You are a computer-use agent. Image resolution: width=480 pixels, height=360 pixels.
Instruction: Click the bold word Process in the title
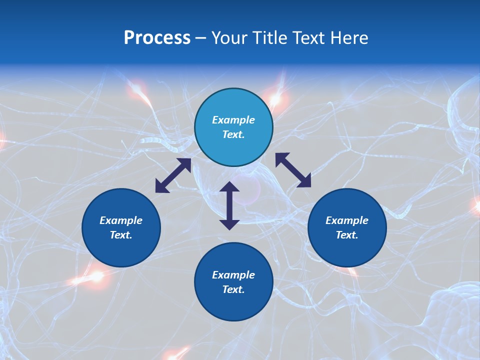point(157,38)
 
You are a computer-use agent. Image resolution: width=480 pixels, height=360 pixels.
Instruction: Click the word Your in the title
point(229,38)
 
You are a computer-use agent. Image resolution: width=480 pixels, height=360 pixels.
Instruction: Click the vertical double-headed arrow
point(229,205)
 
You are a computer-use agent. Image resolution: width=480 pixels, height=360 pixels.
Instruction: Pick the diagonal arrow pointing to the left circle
point(173,175)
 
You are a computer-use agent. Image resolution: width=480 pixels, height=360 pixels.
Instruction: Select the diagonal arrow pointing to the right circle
point(293,170)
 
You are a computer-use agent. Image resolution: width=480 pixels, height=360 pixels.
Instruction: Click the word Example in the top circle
point(233,120)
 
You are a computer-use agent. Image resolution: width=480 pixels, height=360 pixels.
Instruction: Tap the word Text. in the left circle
point(121,235)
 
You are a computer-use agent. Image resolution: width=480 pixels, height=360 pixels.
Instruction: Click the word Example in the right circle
point(347,220)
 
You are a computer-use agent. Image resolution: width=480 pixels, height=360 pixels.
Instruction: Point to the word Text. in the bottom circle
point(233,289)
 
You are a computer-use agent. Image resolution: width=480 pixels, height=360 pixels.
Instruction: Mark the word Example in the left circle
point(121,220)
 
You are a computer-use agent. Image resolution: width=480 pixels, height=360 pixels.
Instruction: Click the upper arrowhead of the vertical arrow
point(229,187)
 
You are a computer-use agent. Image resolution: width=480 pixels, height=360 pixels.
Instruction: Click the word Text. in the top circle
point(233,134)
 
